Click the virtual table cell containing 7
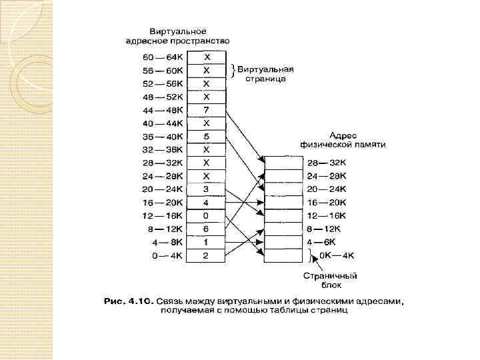tap(207, 109)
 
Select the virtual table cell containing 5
tap(207, 136)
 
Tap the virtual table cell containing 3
tap(207, 189)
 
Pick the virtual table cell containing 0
tap(207, 215)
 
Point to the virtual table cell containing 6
tap(207, 229)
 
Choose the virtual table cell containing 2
tap(207, 255)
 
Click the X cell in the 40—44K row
tap(207, 123)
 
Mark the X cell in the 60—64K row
tap(207, 57)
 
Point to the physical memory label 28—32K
tap(327, 163)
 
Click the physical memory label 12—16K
tap(327, 215)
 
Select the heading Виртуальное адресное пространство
tap(177, 36)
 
